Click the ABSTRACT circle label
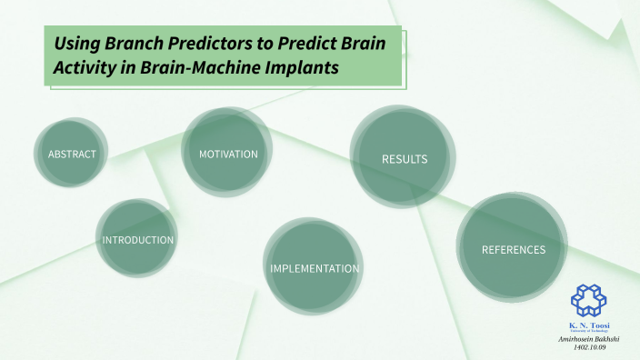point(72,155)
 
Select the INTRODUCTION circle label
point(137,240)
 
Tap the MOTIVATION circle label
point(228,155)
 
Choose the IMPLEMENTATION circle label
point(315,269)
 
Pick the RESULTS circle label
point(405,159)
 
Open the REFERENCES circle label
point(514,249)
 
